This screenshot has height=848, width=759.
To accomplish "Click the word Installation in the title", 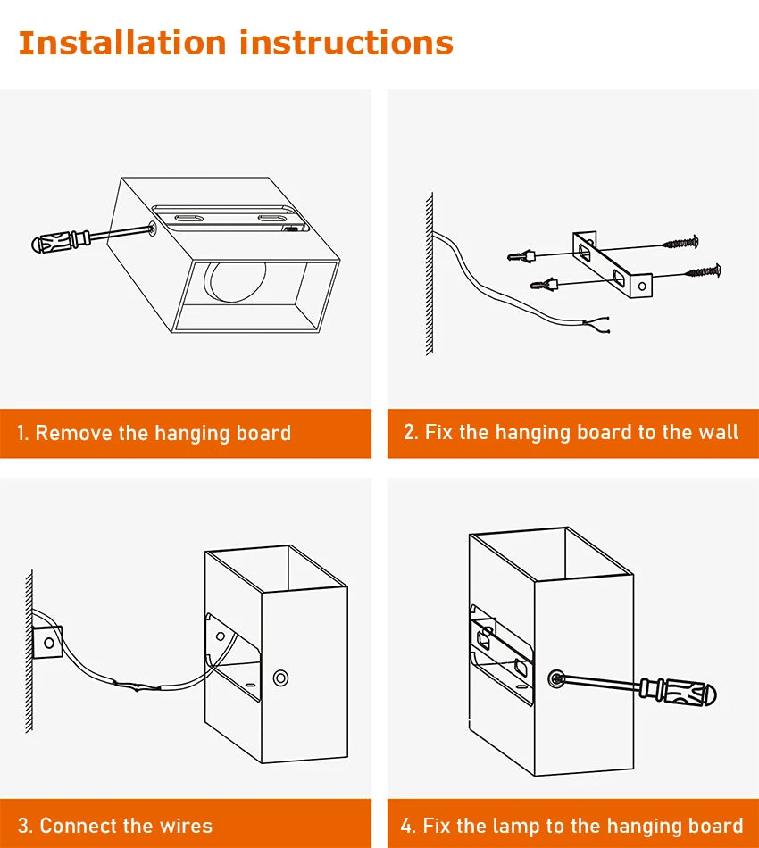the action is pyautogui.click(x=122, y=43).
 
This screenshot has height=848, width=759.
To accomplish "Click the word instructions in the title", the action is pyautogui.click(x=346, y=43).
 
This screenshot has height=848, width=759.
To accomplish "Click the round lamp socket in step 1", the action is pyautogui.click(x=236, y=281).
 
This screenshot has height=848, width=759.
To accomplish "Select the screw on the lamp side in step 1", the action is pyautogui.click(x=153, y=229).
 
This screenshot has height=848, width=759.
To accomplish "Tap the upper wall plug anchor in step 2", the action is pyautogui.click(x=522, y=255).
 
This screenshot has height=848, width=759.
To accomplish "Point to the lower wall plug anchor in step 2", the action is pyautogui.click(x=544, y=284).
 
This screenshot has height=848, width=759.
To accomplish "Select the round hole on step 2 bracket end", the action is pyautogui.click(x=642, y=287).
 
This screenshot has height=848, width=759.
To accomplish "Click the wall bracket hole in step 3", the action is pyautogui.click(x=49, y=643).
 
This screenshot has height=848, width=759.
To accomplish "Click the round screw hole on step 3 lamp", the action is pyautogui.click(x=280, y=678).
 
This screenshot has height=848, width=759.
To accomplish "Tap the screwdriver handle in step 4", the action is pyautogui.click(x=679, y=692).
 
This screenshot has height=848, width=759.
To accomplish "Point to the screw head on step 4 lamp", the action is pyautogui.click(x=555, y=678).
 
